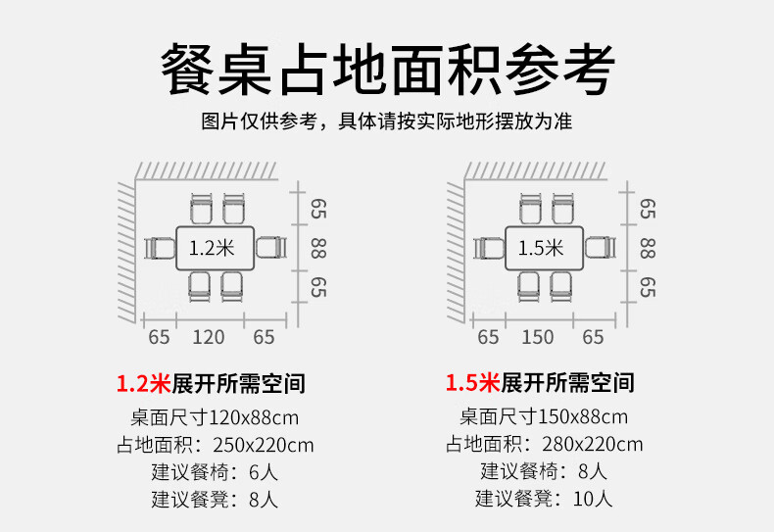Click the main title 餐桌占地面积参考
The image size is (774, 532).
click(x=387, y=69)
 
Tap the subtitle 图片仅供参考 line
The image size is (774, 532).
click(x=387, y=122)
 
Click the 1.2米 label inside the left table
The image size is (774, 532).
click(x=213, y=249)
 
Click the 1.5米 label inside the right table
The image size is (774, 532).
click(x=541, y=249)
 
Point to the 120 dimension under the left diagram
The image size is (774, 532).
click(x=208, y=338)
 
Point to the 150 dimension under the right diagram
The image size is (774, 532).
click(x=537, y=338)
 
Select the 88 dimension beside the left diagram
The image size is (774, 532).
click(x=319, y=249)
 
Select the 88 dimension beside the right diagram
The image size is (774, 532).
click(x=648, y=249)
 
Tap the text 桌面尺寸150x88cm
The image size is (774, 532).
click(x=544, y=415)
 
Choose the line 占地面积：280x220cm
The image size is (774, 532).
click(x=544, y=444)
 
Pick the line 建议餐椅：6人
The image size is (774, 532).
click(x=215, y=471)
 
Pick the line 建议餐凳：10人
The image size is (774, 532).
click(x=544, y=499)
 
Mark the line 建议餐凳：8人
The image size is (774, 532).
click(x=215, y=499)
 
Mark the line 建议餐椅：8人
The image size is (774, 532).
click(x=544, y=471)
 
